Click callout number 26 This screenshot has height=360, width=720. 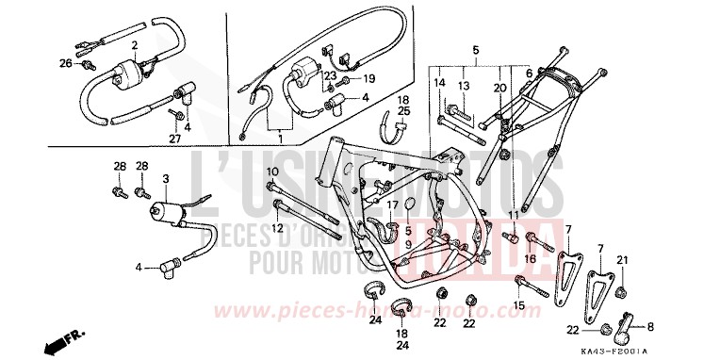coord(65,62)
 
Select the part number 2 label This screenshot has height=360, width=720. coord(135,45)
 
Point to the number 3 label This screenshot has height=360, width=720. coord(165,178)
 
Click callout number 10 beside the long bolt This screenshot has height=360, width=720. coord(271,171)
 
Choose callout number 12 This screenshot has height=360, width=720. coord(278,227)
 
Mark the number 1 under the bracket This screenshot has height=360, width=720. coord(279,139)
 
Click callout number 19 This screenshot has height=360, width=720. coord(370,78)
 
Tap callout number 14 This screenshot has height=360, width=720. coord(439,83)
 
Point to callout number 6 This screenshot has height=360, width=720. coord(529,73)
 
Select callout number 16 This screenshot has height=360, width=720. coord(530,256)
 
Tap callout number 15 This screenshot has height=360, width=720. coord(518,304)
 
